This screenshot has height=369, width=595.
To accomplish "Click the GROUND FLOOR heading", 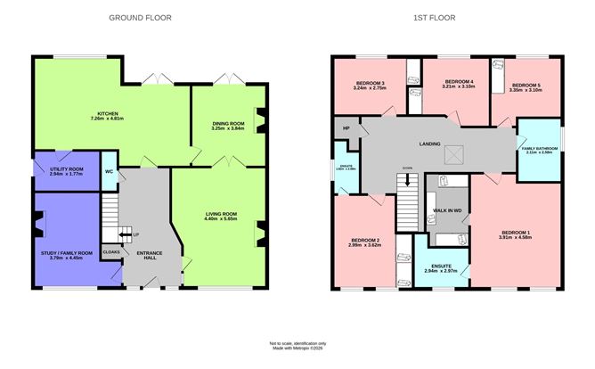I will click(140, 18).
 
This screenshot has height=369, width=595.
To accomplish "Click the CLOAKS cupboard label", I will click(110, 252).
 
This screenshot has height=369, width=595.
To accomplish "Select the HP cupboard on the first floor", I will click(343, 128).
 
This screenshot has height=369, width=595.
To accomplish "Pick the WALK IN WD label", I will click(446, 210).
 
